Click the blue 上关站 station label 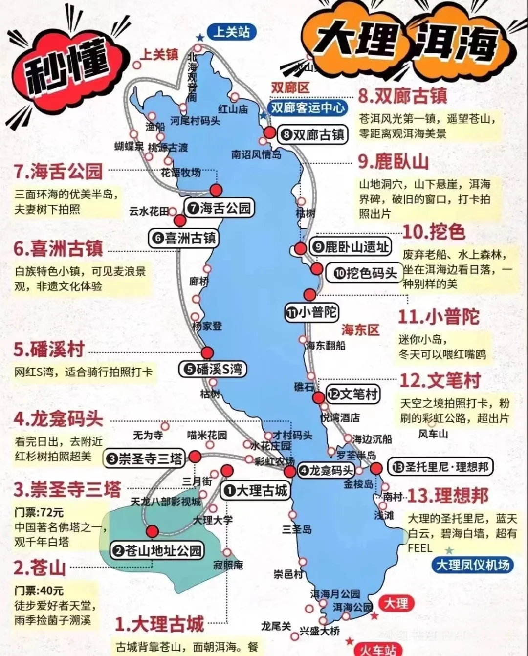[231, 32]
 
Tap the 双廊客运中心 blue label [308, 108]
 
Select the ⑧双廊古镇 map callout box [313, 134]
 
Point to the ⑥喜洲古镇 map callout [184, 238]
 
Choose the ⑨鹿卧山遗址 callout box [351, 247]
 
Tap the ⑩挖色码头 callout [364, 273]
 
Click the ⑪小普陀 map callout [311, 312]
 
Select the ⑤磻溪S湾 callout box [213, 369]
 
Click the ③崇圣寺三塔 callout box [145, 459]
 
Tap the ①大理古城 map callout [256, 490]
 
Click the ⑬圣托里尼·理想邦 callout [440, 467]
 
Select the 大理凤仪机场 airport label [472, 565]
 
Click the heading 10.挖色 [433, 232]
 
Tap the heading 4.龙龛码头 [59, 419]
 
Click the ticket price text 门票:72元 [39, 512]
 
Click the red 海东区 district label [360, 329]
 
